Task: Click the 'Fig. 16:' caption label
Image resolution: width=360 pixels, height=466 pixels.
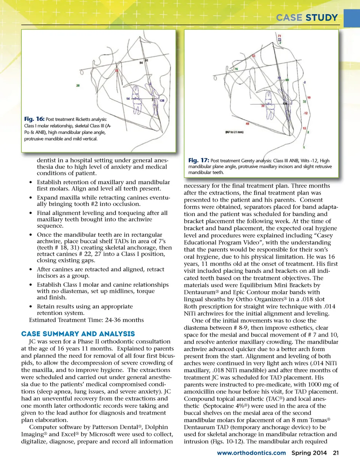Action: point(34,119)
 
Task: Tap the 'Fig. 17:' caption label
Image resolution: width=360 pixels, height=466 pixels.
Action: point(198,160)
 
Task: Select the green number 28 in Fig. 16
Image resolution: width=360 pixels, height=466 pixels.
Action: point(78,86)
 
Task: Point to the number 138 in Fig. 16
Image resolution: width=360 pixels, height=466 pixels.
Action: point(162,101)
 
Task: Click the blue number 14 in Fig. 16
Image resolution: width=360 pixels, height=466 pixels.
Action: point(128,99)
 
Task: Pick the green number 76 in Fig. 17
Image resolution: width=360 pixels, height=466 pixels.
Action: point(236,69)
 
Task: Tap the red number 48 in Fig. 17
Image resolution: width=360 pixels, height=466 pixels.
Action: point(247,123)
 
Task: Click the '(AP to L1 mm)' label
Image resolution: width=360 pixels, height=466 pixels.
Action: point(234,132)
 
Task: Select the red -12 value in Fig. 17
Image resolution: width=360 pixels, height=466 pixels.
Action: point(306,113)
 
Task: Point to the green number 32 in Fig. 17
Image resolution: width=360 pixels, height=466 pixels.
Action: point(304,101)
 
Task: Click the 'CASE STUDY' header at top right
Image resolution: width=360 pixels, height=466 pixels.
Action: point(307,18)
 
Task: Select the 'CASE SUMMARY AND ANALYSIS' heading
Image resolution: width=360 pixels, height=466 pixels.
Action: point(78,334)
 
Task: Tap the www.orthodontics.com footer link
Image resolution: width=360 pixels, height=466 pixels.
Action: point(251,453)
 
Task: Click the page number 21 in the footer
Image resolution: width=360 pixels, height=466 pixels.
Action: point(336,453)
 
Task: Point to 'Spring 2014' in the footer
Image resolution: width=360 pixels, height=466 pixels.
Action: point(309,453)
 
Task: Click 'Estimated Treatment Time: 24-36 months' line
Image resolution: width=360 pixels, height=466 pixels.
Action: point(86,320)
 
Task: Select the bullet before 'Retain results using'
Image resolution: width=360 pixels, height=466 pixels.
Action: point(31,307)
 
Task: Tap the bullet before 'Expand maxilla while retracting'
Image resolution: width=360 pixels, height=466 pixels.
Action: point(31,198)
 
